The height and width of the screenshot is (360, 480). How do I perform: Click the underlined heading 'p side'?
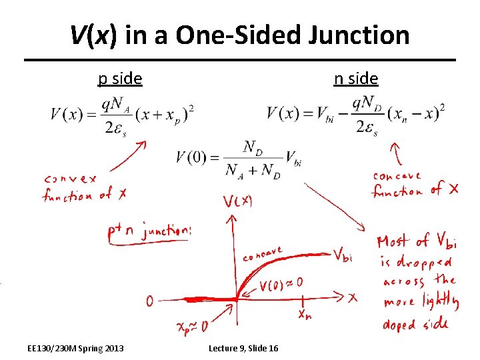tap(120, 79)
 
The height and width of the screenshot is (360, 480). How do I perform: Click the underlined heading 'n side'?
tap(356, 79)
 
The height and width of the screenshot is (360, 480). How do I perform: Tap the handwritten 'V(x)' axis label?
tap(237, 202)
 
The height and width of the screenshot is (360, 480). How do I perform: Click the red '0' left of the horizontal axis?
tap(150, 302)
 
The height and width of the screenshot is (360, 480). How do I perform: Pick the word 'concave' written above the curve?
tap(263, 255)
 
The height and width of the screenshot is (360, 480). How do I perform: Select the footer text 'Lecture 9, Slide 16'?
tap(244, 349)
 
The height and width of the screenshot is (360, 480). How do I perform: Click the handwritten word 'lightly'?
tap(437, 303)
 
